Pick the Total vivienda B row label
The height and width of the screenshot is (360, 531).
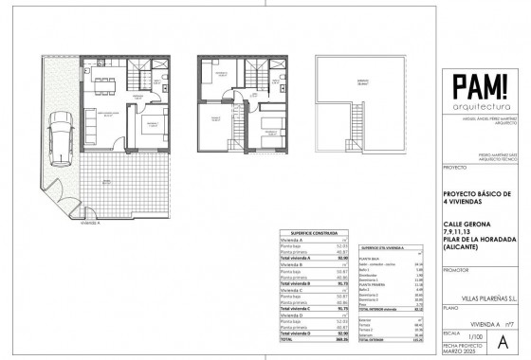[x=296, y=283]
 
